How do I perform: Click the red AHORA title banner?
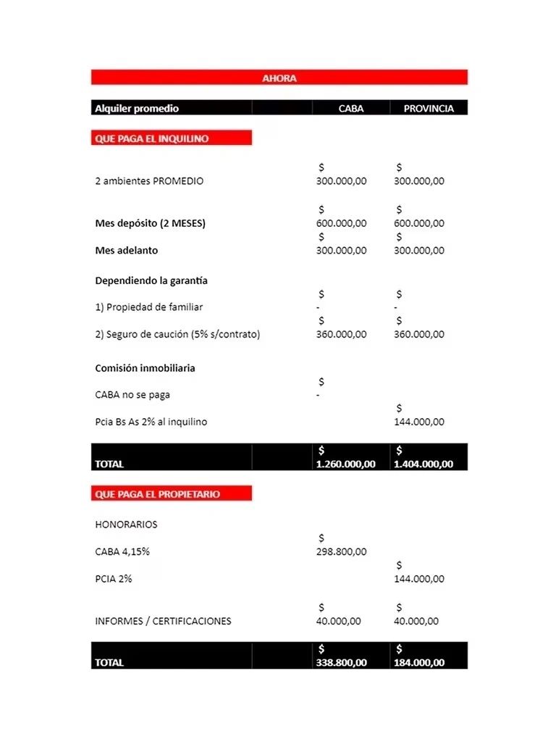pyautogui.click(x=279, y=78)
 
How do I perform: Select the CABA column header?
pyautogui.click(x=351, y=109)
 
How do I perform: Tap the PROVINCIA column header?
pyautogui.click(x=429, y=109)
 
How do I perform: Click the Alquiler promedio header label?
pyautogui.click(x=137, y=109)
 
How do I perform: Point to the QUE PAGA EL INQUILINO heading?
pyautogui.click(x=152, y=138)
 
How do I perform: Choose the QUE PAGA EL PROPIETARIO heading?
pyautogui.click(x=157, y=494)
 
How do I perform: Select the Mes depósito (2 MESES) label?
pyautogui.click(x=150, y=223)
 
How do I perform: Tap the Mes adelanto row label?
pyautogui.click(x=126, y=251)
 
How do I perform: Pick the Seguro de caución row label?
pyautogui.click(x=177, y=335)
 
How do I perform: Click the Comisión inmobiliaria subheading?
pyautogui.click(x=145, y=368)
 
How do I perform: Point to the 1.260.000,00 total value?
pyautogui.click(x=345, y=464)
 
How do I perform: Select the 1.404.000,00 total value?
pyautogui.click(x=423, y=464)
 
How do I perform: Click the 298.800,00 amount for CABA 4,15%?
pyautogui.click(x=341, y=552)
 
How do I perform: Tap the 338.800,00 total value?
pyautogui.click(x=341, y=663)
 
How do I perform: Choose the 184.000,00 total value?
pyautogui.click(x=418, y=663)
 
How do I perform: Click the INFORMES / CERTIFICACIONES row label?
pyautogui.click(x=163, y=622)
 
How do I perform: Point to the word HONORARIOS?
pyautogui.click(x=126, y=525)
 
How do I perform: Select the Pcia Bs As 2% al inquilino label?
pyautogui.click(x=151, y=422)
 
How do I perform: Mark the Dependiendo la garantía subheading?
pyautogui.click(x=151, y=281)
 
